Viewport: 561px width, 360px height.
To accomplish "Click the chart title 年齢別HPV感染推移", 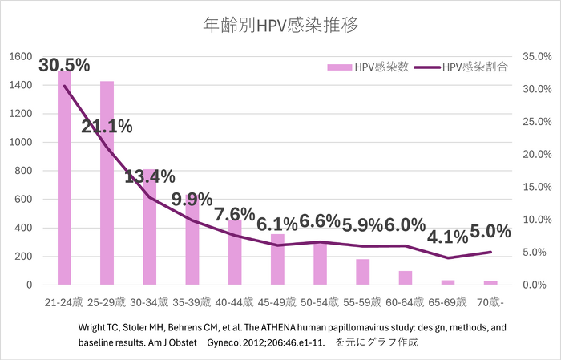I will click(x=280, y=25).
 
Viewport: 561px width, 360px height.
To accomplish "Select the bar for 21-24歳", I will click(x=63, y=180).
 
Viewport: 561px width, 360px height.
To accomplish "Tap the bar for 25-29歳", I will click(x=107, y=184).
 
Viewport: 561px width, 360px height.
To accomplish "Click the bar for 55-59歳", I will click(x=363, y=272).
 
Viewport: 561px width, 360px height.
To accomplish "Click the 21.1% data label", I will click(x=107, y=125).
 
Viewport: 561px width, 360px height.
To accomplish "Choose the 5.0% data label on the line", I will click(x=490, y=232).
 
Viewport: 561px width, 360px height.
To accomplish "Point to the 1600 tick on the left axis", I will click(x=21, y=57).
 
